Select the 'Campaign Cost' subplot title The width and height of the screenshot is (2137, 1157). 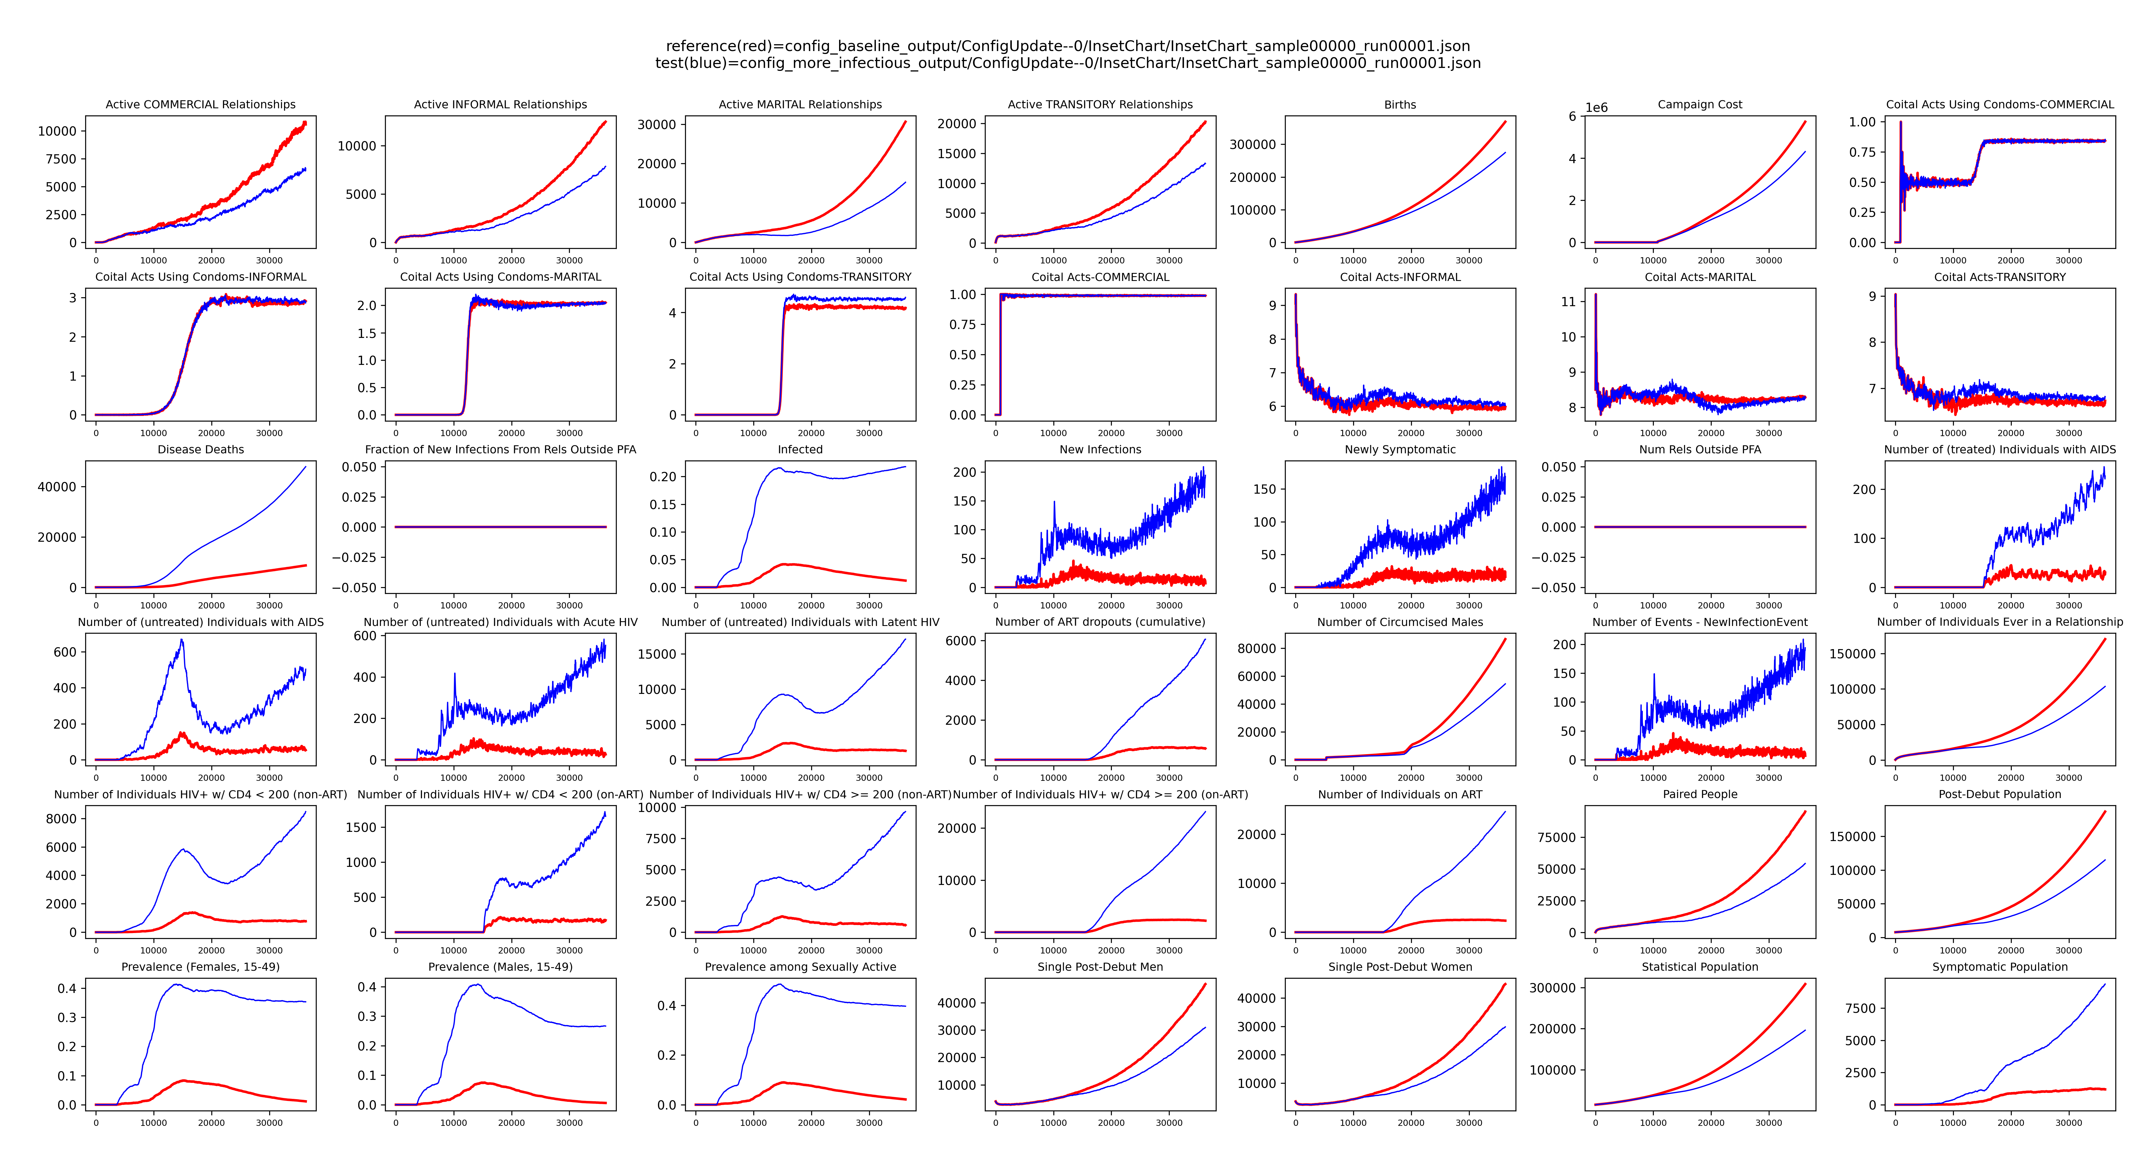pyautogui.click(x=1700, y=104)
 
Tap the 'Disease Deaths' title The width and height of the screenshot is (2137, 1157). pyautogui.click(x=201, y=449)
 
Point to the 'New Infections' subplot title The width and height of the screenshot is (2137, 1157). pyautogui.click(x=1100, y=449)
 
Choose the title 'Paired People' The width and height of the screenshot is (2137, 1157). pyautogui.click(x=1700, y=794)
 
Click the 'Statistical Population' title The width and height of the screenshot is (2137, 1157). pyautogui.click(x=1700, y=967)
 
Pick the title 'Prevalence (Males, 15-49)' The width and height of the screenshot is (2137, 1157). pyautogui.click(x=500, y=967)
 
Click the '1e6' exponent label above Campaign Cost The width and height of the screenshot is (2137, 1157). pyautogui.click(x=1596, y=108)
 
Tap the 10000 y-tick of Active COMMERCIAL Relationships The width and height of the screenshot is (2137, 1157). pyautogui.click(x=56, y=131)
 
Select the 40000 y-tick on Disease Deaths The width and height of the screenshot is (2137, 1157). pyautogui.click(x=56, y=487)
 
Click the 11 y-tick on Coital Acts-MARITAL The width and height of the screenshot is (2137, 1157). pyautogui.click(x=1568, y=302)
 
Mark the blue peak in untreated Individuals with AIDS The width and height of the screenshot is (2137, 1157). pyautogui.click(x=182, y=639)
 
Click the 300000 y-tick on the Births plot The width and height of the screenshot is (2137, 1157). pyautogui.click(x=1253, y=144)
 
